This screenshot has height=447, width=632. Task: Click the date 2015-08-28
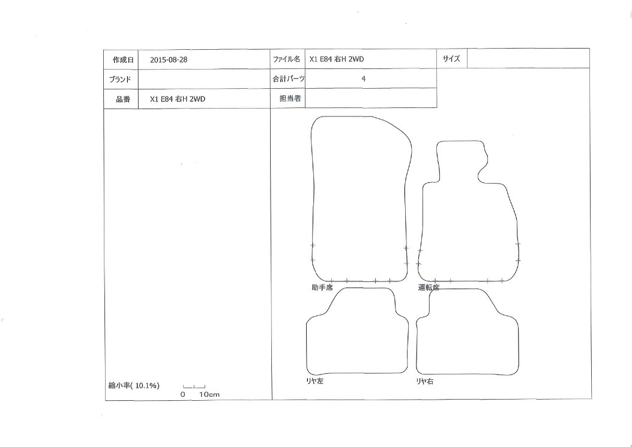[169, 59]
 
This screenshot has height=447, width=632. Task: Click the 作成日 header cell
[121, 59]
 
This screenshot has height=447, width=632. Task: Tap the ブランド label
[120, 79]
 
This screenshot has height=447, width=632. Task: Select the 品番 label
[123, 99]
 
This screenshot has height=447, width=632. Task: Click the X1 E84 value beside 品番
[177, 99]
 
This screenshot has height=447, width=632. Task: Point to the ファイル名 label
[286, 59]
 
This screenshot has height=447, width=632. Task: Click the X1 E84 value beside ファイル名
[337, 59]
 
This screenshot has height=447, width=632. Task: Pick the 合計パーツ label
[289, 79]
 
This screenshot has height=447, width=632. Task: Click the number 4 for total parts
[364, 79]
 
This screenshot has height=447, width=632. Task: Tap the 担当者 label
[290, 98]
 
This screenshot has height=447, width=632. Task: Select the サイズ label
[451, 58]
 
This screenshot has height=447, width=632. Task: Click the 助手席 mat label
[322, 288]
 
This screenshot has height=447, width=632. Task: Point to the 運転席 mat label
[429, 288]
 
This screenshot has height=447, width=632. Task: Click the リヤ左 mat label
[314, 381]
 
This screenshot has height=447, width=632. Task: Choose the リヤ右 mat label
[425, 381]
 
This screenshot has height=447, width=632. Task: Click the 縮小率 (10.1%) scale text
[134, 386]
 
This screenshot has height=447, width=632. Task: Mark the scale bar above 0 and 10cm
[194, 386]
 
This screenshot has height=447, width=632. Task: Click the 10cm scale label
[209, 395]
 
